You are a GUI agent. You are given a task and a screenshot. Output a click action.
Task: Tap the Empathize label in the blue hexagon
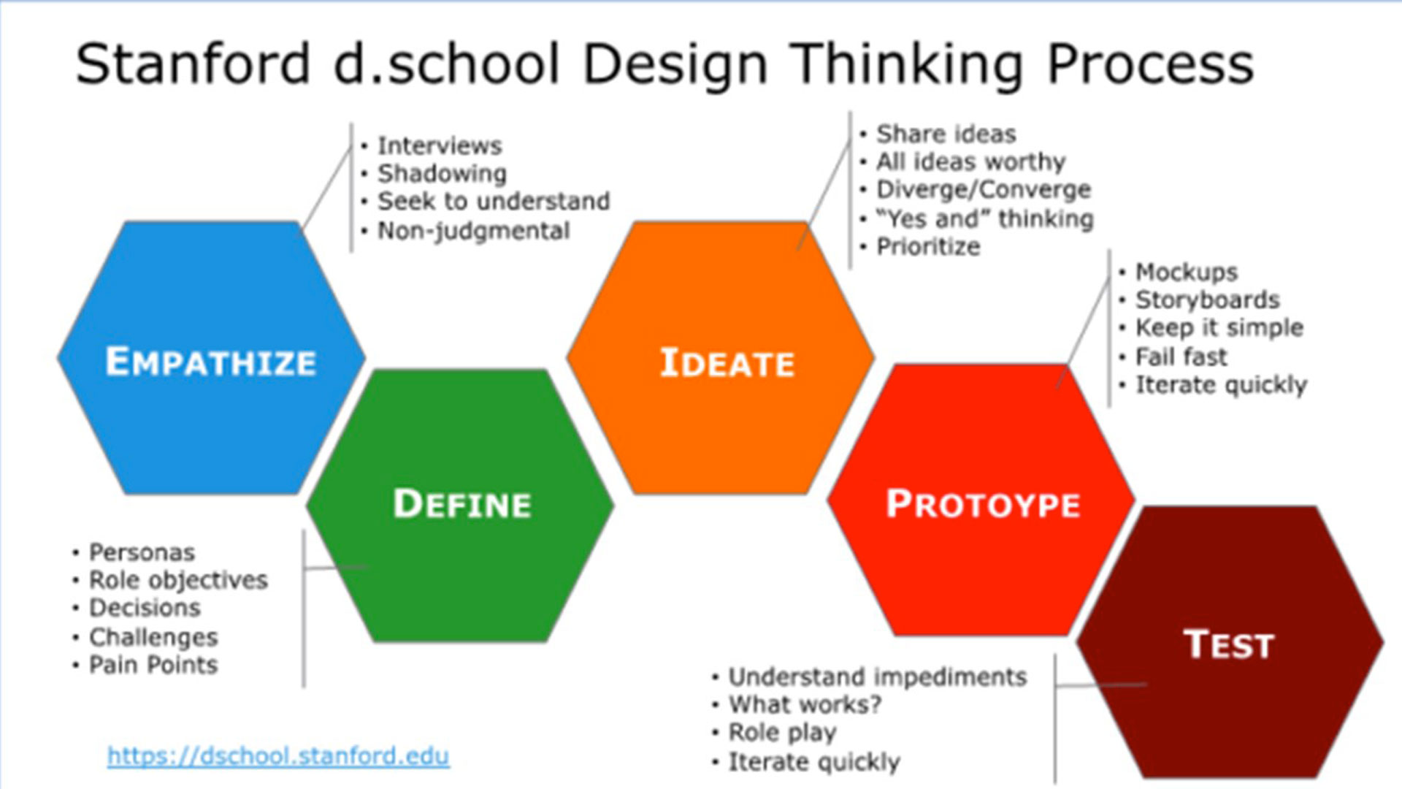(211, 362)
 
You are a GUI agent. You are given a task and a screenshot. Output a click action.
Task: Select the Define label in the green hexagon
(462, 504)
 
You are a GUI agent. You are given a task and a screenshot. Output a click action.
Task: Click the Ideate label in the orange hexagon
(727, 363)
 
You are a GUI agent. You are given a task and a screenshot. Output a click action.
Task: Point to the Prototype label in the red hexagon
(983, 504)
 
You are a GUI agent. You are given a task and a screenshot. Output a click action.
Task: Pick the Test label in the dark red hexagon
(1229, 644)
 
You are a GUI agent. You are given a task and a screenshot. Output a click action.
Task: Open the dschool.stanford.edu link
(278, 755)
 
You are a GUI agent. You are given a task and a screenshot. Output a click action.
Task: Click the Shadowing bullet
(442, 174)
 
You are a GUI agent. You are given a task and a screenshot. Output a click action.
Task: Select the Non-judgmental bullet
(473, 231)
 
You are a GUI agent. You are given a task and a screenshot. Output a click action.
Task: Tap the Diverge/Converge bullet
(984, 190)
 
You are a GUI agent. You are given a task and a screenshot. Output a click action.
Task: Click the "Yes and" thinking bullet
(985, 218)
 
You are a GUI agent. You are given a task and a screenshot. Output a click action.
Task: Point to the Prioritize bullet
(928, 247)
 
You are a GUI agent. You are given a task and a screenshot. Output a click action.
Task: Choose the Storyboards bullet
(1208, 300)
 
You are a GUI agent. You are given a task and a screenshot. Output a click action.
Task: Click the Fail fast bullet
(1181, 357)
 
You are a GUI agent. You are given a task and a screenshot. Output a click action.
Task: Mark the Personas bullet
(142, 552)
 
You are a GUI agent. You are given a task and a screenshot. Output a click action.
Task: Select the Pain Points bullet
(153, 665)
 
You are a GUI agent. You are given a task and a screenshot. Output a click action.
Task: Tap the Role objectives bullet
(178, 580)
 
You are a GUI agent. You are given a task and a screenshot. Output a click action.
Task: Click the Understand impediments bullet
(878, 677)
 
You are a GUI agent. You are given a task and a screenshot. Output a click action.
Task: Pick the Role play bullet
(783, 733)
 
